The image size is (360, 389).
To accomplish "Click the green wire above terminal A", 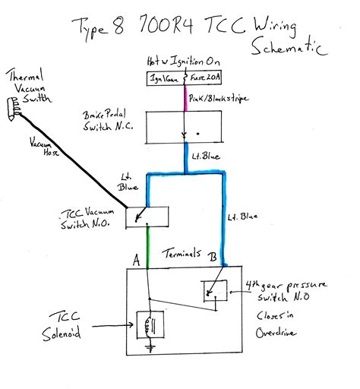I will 147,250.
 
